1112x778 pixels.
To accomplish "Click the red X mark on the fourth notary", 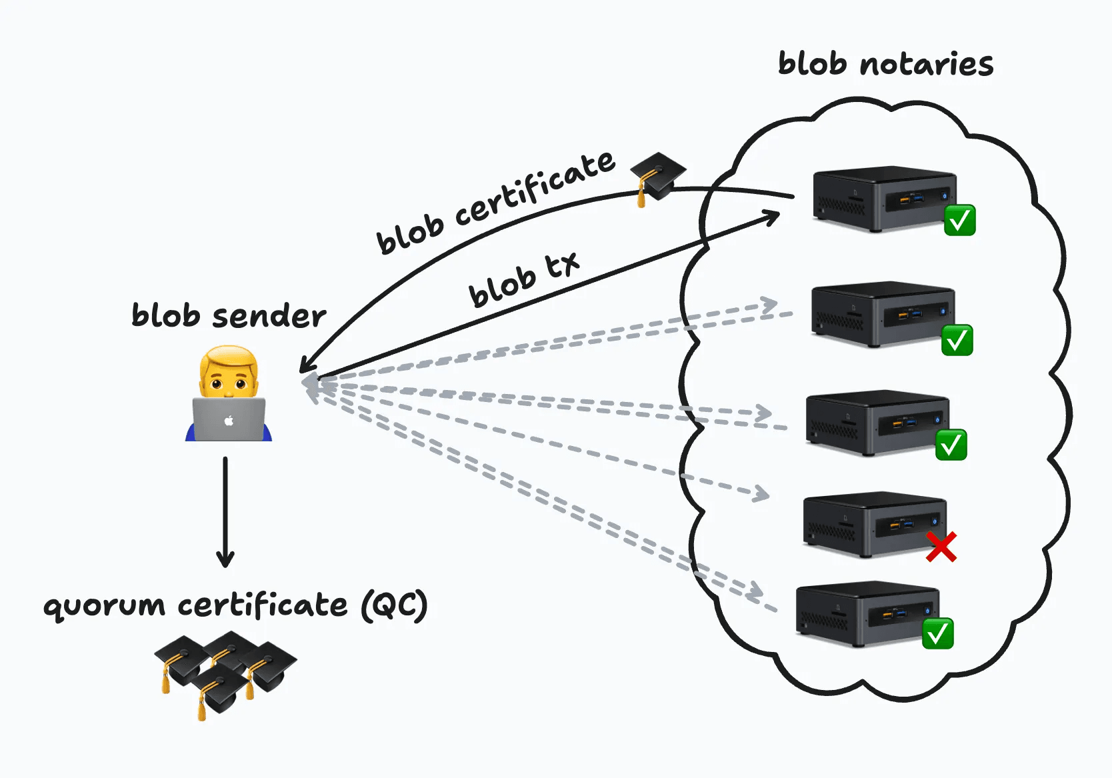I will [941, 547].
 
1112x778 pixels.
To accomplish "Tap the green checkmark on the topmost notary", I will [960, 220].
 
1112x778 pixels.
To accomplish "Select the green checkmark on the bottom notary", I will [938, 633].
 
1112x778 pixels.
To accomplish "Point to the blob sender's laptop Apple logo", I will [229, 421].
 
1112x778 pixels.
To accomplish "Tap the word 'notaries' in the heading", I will [927, 65].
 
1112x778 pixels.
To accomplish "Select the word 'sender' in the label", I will [269, 316].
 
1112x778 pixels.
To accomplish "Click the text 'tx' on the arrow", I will [563, 265].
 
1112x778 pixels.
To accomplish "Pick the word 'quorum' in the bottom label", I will [104, 607].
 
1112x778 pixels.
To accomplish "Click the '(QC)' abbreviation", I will [394, 605].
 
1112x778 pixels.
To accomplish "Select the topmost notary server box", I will [883, 199].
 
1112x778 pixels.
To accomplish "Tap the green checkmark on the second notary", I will [957, 340].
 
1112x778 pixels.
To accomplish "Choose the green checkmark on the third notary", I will [951, 445].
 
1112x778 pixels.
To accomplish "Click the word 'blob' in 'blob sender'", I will [165, 315].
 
